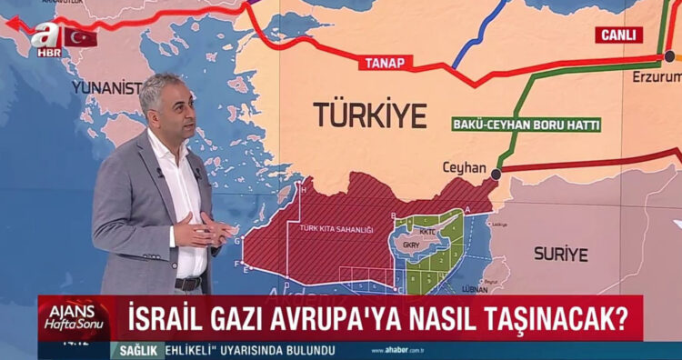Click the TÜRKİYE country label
click(369, 115)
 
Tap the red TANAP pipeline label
click(385, 63)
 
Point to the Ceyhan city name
click(465, 168)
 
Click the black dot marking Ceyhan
click(496, 174)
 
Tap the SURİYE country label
click(560, 255)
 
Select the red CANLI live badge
click(618, 35)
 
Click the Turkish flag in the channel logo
click(80, 37)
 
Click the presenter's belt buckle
click(188, 284)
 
